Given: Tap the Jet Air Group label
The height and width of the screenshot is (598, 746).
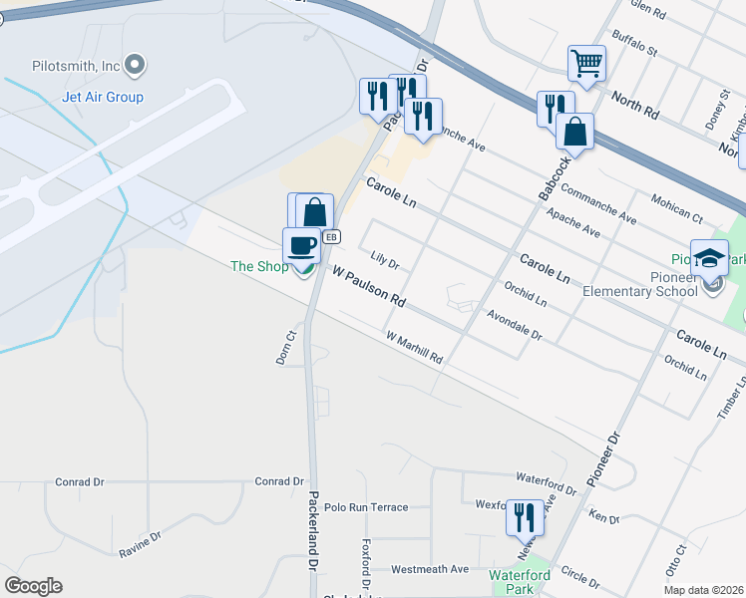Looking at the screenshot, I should tap(103, 97).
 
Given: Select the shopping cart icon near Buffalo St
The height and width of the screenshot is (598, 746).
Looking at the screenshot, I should tap(586, 64).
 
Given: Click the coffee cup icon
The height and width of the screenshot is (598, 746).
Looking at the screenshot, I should tap(301, 244).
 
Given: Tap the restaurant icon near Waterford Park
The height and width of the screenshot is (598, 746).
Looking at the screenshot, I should tap(525, 516).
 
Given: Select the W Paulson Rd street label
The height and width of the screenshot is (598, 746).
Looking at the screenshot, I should tap(369, 285).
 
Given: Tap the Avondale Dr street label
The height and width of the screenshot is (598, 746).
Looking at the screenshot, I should tap(514, 325).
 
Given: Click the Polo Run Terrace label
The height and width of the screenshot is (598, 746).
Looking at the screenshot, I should tap(366, 507).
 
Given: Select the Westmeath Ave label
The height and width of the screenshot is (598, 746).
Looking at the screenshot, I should tap(430, 569).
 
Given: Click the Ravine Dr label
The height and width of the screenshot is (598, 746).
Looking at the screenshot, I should tap(140, 543).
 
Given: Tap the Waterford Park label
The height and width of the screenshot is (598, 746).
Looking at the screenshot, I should tap(520, 582).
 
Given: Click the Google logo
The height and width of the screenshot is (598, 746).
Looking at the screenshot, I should tap(33, 586).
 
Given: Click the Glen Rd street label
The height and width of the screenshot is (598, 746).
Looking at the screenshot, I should tap(647, 9).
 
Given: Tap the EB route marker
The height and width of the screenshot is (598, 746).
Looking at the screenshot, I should tap(333, 237).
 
